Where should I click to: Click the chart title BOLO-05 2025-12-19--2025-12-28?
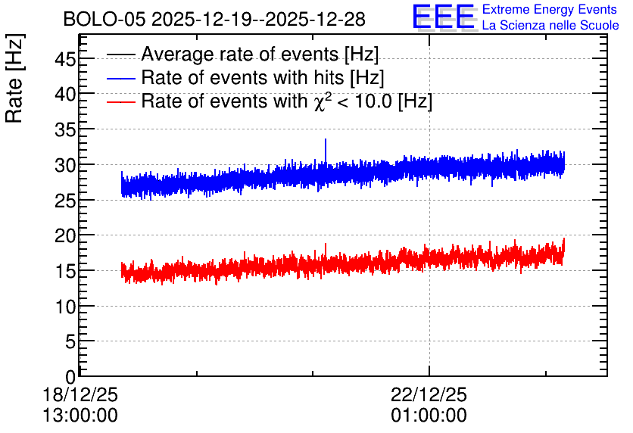214,20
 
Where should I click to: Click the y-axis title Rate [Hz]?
14,78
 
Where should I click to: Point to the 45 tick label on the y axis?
65,60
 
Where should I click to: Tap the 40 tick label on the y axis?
65,95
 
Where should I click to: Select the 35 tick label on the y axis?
65,130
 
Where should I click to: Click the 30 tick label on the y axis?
65,165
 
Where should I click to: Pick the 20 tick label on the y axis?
65,235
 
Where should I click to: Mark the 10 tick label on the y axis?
65,307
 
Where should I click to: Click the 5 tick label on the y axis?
70,342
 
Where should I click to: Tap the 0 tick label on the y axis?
70,377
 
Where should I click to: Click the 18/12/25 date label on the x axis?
80,394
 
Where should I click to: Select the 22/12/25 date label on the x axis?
429,394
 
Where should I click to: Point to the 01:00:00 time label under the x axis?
429,416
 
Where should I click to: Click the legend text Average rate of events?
240,54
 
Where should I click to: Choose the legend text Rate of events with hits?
242,77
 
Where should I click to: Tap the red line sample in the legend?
120,102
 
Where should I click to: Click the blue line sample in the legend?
120,79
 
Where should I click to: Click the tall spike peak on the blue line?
326,139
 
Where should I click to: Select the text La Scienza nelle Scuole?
550,25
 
